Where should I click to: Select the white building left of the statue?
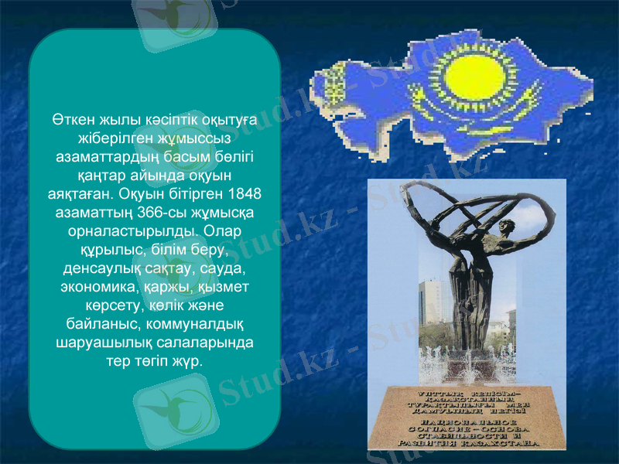pyautogui.click(x=429, y=302)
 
